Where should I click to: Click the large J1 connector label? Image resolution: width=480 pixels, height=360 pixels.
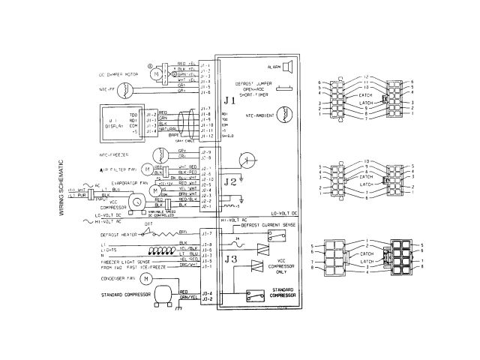(229, 99)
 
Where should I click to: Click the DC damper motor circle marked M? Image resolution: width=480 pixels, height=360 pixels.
(155, 75)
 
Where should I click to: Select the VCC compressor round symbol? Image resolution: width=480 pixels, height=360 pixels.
(137, 202)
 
